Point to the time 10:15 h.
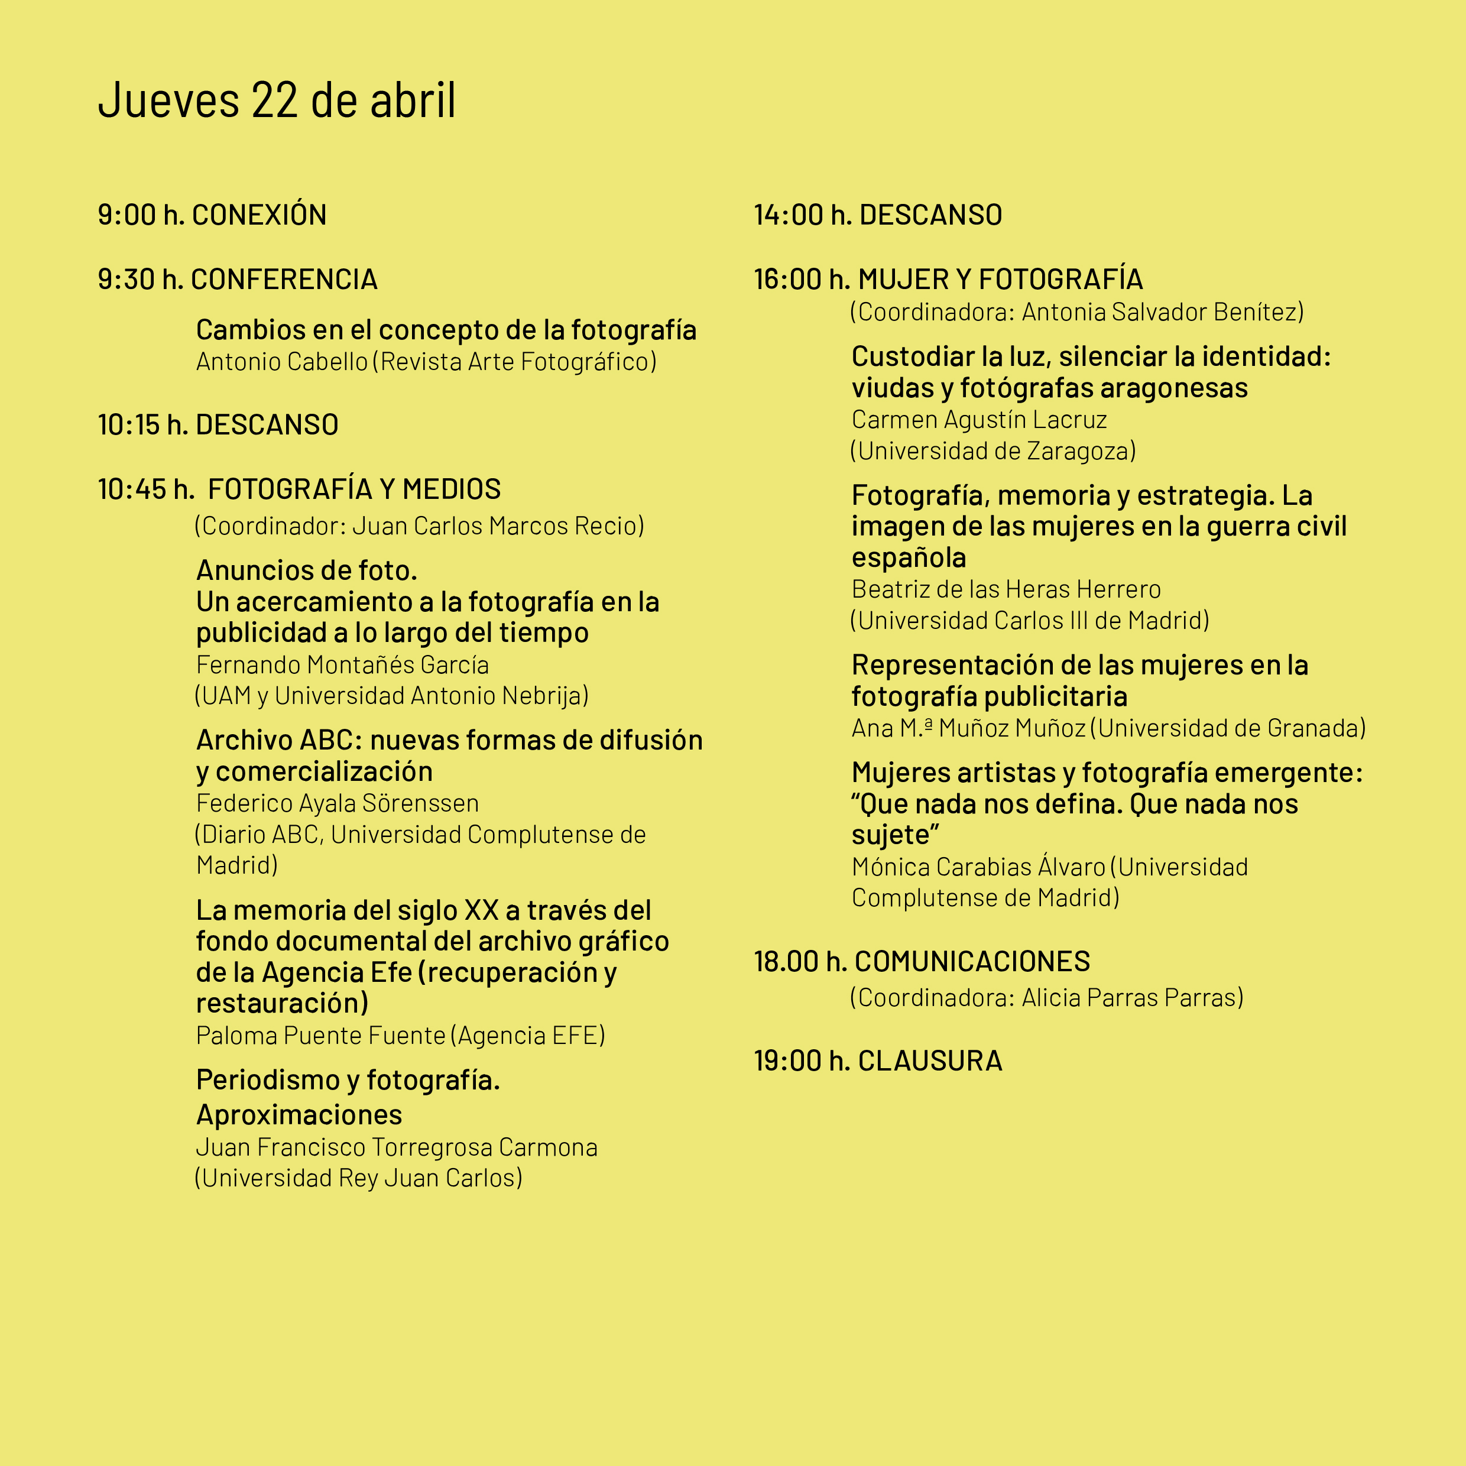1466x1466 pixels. [x=142, y=425]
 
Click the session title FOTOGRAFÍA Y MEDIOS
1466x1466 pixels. [x=354, y=489]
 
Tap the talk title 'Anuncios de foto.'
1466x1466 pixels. [x=307, y=570]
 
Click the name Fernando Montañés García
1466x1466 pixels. [x=342, y=664]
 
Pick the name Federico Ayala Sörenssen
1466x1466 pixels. [x=337, y=803]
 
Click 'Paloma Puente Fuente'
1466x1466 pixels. [x=320, y=1035]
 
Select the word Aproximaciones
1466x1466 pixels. [x=299, y=1115]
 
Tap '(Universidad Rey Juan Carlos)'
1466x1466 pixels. [x=359, y=1178]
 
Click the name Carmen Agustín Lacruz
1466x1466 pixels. [x=979, y=420]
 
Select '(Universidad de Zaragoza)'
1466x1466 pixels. [x=993, y=450]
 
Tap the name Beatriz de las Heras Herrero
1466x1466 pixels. [x=1006, y=589]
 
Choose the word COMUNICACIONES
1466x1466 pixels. [x=972, y=961]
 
